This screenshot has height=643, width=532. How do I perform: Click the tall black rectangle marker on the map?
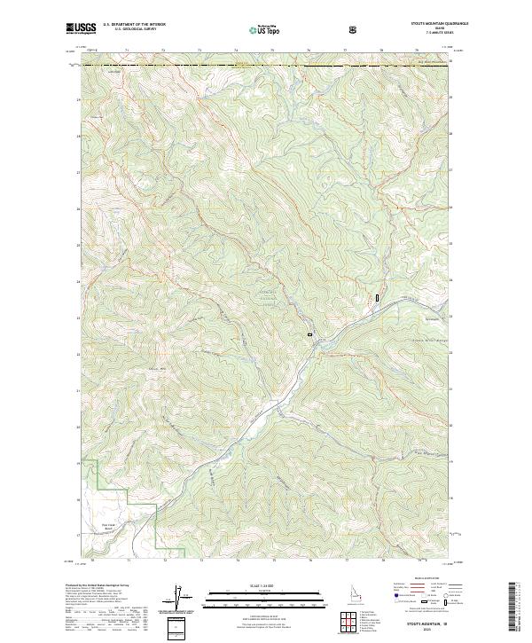pos(378,299)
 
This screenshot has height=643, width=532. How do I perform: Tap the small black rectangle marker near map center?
pos(309,334)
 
